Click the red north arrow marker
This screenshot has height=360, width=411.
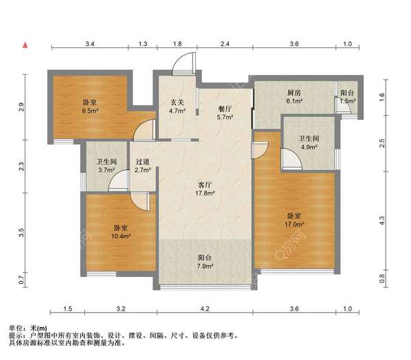(25, 45)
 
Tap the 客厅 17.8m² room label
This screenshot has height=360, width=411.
(205, 189)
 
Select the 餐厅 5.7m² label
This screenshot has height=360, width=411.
(225, 113)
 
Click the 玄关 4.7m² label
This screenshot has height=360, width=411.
(177, 106)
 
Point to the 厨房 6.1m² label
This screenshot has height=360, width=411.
(294, 97)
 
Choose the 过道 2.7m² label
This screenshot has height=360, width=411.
(142, 165)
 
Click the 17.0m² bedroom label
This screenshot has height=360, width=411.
(294, 220)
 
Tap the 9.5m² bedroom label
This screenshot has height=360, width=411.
(90, 106)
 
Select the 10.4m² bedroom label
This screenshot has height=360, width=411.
(121, 232)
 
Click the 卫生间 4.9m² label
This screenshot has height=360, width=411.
(309, 143)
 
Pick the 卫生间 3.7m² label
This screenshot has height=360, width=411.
(107, 166)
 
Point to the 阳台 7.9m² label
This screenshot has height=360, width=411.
(205, 262)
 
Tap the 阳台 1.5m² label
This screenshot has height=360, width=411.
(347, 97)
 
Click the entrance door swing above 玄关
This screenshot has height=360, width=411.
(184, 64)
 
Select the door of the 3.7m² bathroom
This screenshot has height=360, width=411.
(119, 180)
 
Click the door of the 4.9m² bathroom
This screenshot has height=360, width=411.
(292, 159)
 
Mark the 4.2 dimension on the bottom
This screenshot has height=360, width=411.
(205, 309)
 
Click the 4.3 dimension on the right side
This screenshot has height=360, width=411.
(382, 220)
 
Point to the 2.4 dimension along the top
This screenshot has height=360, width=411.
(225, 44)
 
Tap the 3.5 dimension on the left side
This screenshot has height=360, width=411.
(21, 232)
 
